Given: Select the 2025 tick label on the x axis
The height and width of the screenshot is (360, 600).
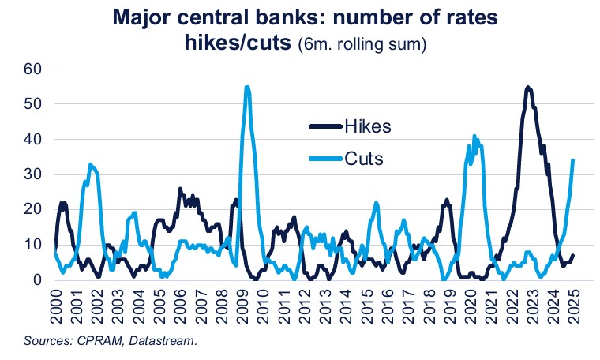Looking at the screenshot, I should pyautogui.click(x=572, y=304).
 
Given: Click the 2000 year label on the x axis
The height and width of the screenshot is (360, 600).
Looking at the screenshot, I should pyautogui.click(x=55, y=304).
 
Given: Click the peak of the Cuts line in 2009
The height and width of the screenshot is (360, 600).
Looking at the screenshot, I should pyautogui.click(x=247, y=87).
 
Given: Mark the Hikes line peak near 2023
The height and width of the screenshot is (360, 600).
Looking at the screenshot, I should pyautogui.click(x=527, y=87).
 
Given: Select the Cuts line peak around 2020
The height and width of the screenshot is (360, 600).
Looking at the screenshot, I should pyautogui.click(x=474, y=136).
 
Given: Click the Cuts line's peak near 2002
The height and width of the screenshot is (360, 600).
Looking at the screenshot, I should pyautogui.click(x=92, y=164).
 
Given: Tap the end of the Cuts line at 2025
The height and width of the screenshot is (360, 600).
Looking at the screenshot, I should pyautogui.click(x=572, y=160).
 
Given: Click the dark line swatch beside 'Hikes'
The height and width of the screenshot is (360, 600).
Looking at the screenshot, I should pyautogui.click(x=324, y=126).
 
